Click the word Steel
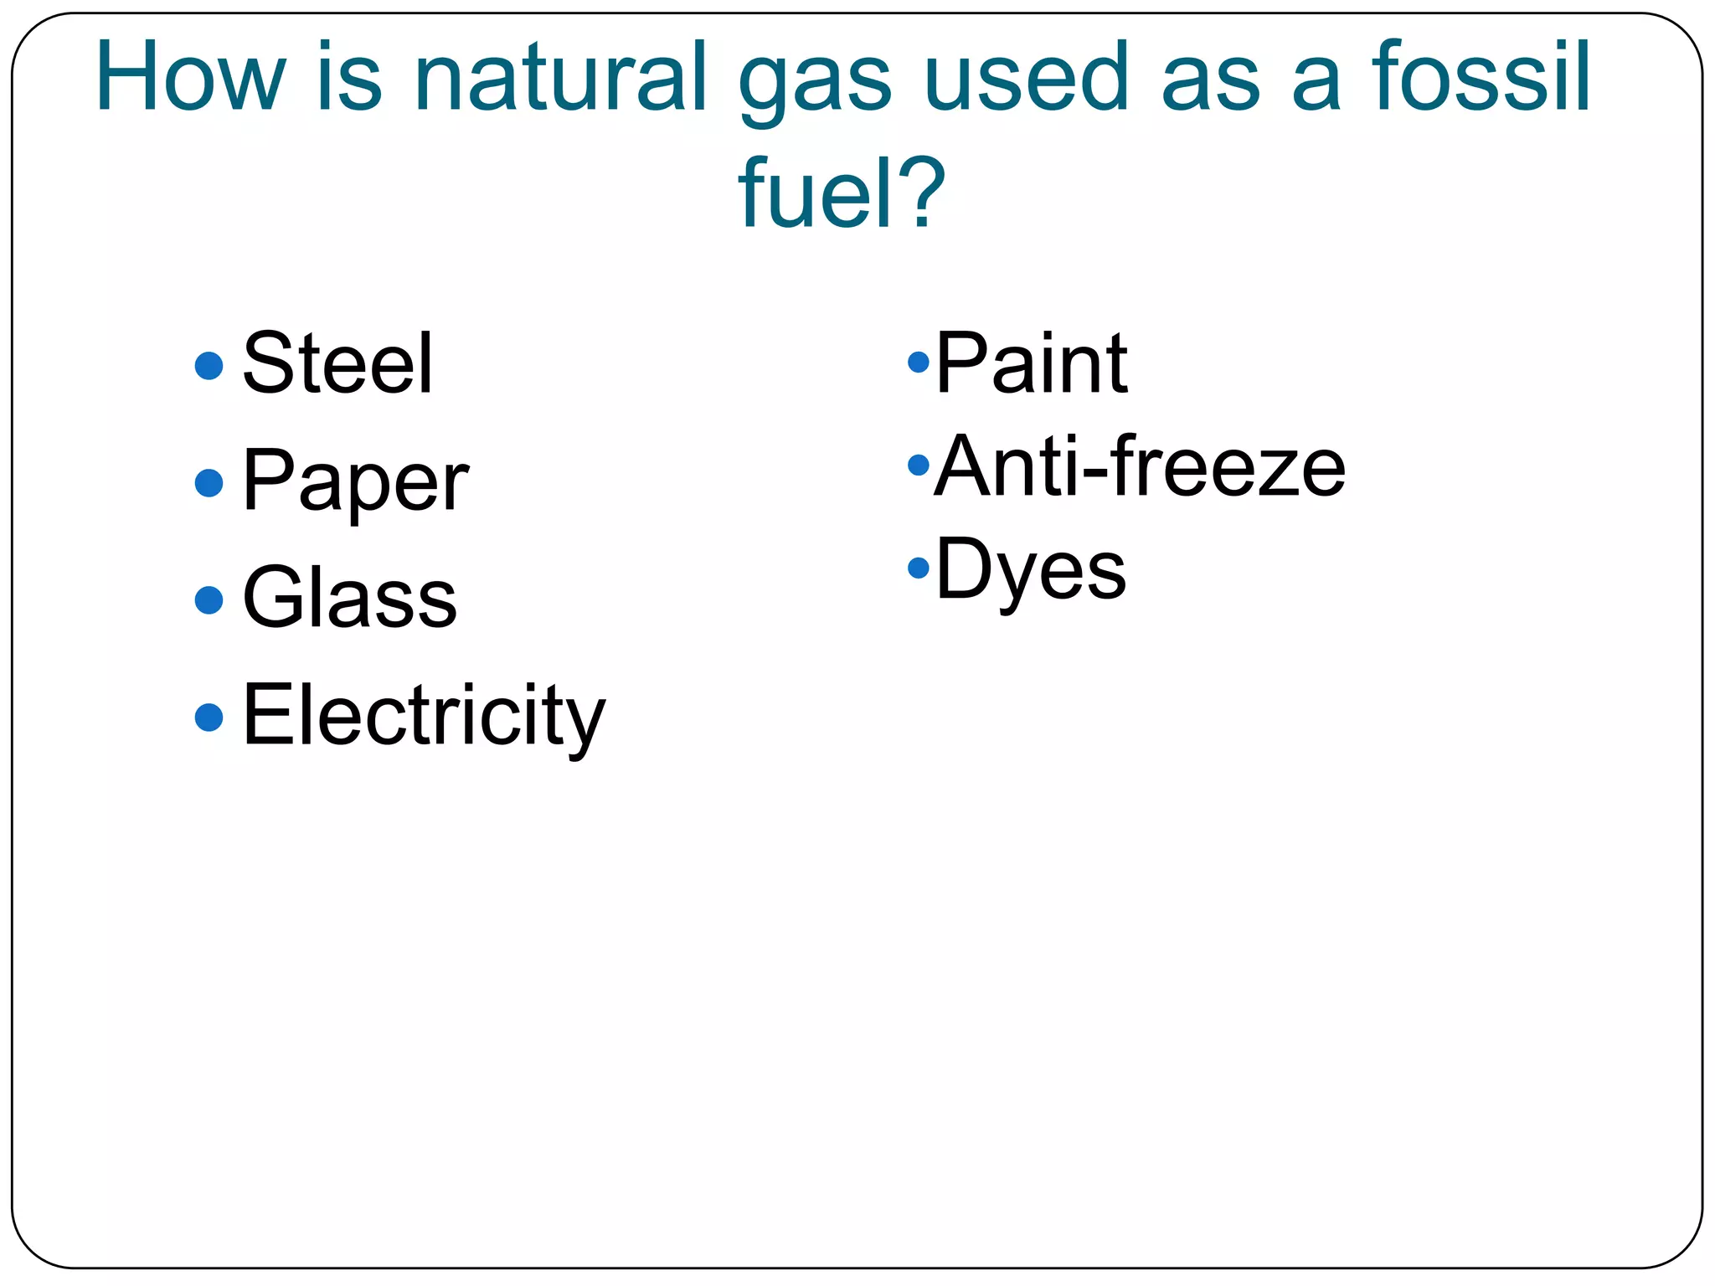[337, 363]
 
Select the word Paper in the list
[355, 481]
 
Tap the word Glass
[349, 598]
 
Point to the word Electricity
[423, 716]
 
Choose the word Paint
[1031, 363]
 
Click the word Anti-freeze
[1140, 466]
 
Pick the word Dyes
[1030, 570]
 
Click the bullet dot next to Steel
[209, 365]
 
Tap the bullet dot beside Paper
[209, 483]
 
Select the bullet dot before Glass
[209, 599]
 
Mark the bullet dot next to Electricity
[209, 717]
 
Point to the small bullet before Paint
[919, 363]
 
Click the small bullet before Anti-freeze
[919, 465]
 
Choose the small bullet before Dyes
[919, 568]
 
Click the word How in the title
[191, 77]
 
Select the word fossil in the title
[1481, 77]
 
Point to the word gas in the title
[814, 81]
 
